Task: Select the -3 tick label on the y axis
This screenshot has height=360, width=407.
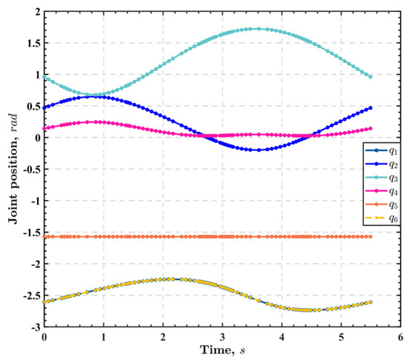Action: (x=33, y=327)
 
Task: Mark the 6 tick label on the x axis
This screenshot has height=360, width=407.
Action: (x=400, y=337)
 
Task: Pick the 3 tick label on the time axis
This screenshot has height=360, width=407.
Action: (x=222, y=337)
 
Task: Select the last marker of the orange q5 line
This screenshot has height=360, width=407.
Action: (x=370, y=237)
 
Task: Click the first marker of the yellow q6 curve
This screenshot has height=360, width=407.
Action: (x=44, y=301)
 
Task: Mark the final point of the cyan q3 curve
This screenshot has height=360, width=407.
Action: (x=370, y=77)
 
